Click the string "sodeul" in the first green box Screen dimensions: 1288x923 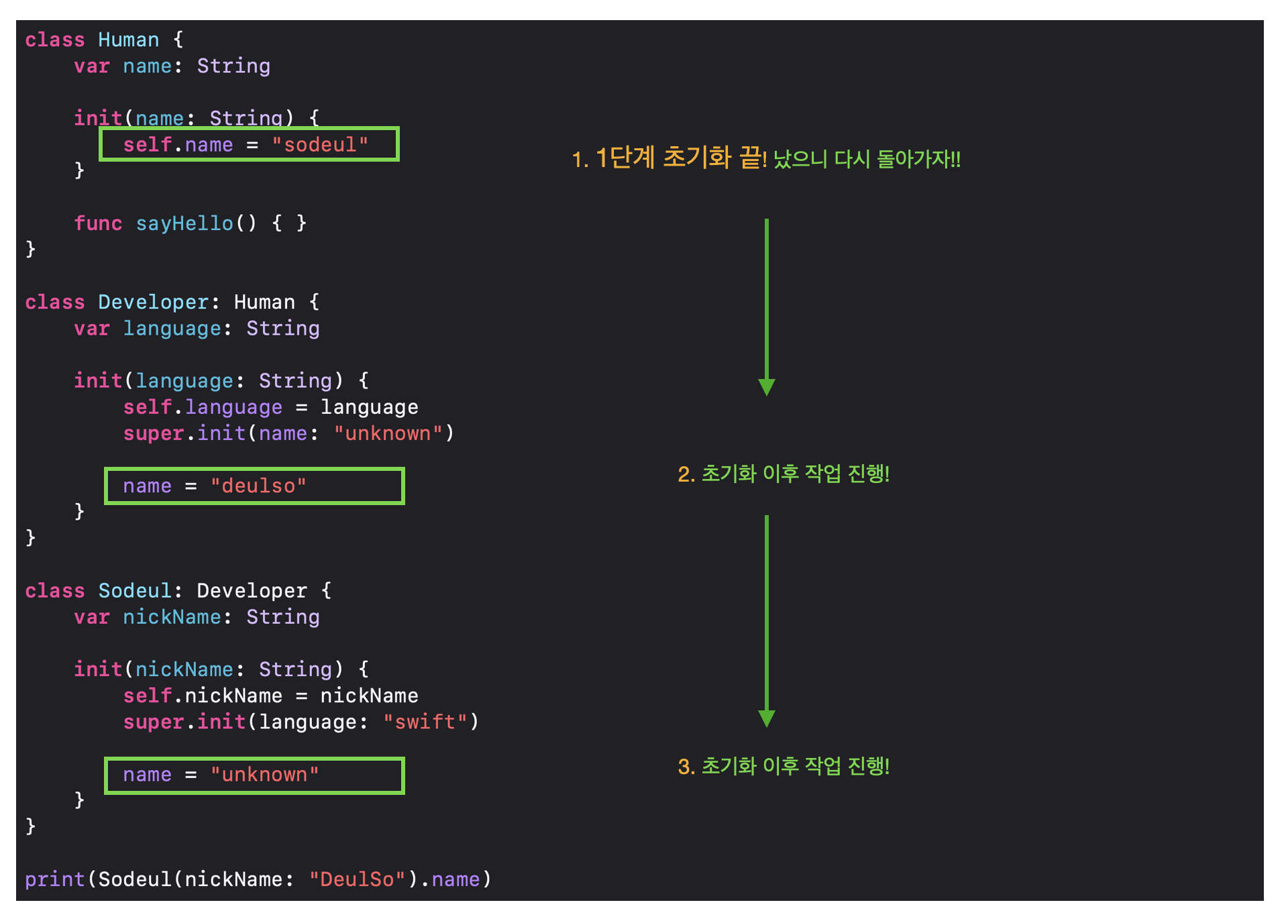click(x=320, y=145)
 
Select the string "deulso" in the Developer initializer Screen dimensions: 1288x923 click(x=258, y=486)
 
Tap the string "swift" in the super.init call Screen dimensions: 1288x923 click(x=425, y=722)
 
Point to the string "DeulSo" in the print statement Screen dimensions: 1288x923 click(x=357, y=879)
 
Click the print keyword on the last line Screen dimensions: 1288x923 click(x=55, y=879)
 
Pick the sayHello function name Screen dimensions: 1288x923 click(x=184, y=223)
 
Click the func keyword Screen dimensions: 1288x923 click(x=98, y=223)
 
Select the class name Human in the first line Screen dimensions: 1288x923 click(x=128, y=40)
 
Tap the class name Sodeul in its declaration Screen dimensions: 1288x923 click(x=135, y=590)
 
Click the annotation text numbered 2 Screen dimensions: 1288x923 click(x=784, y=474)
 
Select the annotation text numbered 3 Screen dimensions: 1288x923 click(x=784, y=766)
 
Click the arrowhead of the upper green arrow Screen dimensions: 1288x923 click(x=767, y=387)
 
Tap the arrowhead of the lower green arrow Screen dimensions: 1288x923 click(x=767, y=718)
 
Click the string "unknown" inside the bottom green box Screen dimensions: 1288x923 click(x=264, y=775)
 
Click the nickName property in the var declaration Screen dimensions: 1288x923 click(x=172, y=617)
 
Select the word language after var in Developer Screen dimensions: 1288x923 click(x=172, y=329)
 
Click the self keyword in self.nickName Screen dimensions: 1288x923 click(x=148, y=696)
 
